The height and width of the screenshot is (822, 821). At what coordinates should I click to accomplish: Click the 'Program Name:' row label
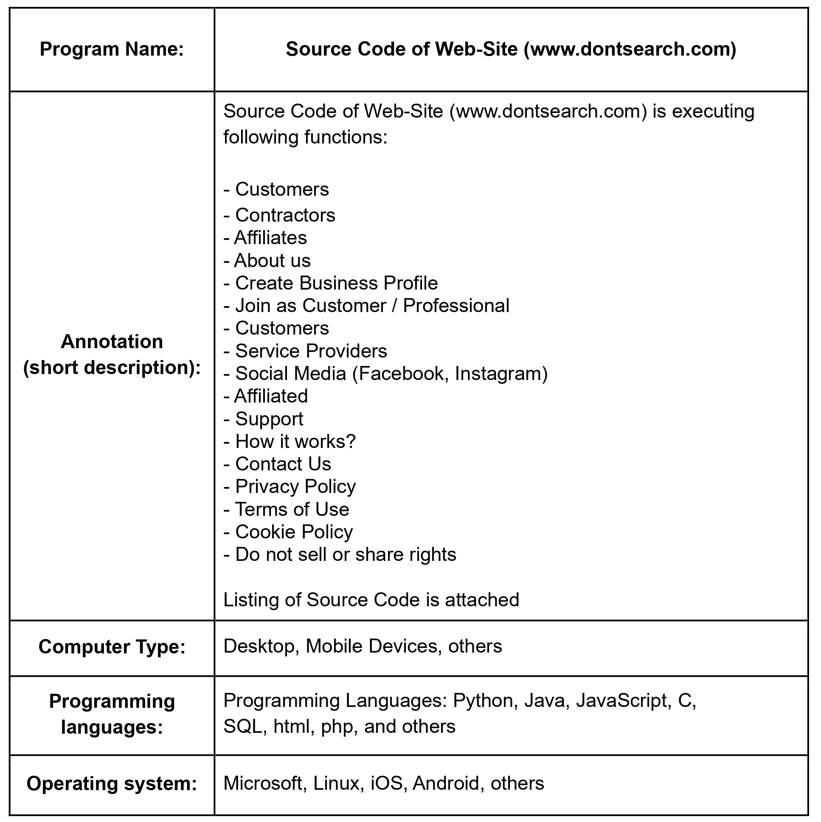click(x=112, y=49)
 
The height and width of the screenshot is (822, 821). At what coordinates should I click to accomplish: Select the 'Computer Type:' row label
click(x=112, y=647)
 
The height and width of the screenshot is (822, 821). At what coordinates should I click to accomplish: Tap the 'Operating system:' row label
click(x=112, y=783)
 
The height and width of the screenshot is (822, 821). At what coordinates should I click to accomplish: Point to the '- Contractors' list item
click(x=279, y=215)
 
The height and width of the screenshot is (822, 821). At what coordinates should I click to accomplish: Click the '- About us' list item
click(x=267, y=260)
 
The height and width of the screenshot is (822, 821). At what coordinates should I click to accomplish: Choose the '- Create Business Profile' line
click(x=331, y=283)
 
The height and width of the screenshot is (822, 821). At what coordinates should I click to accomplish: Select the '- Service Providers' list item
click(x=305, y=351)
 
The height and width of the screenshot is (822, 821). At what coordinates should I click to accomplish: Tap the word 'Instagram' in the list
click(x=500, y=374)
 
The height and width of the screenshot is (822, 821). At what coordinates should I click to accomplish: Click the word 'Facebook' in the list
click(x=401, y=374)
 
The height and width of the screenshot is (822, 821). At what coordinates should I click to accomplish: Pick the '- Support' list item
click(x=263, y=419)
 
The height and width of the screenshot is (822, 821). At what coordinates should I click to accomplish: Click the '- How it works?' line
click(x=289, y=442)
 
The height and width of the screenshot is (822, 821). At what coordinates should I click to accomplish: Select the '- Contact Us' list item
click(x=277, y=464)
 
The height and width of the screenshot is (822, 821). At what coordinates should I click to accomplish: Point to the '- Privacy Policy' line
click(x=289, y=487)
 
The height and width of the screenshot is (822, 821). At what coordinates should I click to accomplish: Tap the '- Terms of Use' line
click(x=286, y=509)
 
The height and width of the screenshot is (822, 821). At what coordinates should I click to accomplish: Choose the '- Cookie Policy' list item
click(x=288, y=532)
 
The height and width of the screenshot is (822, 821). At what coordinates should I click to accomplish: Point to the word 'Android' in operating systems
click(x=446, y=783)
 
